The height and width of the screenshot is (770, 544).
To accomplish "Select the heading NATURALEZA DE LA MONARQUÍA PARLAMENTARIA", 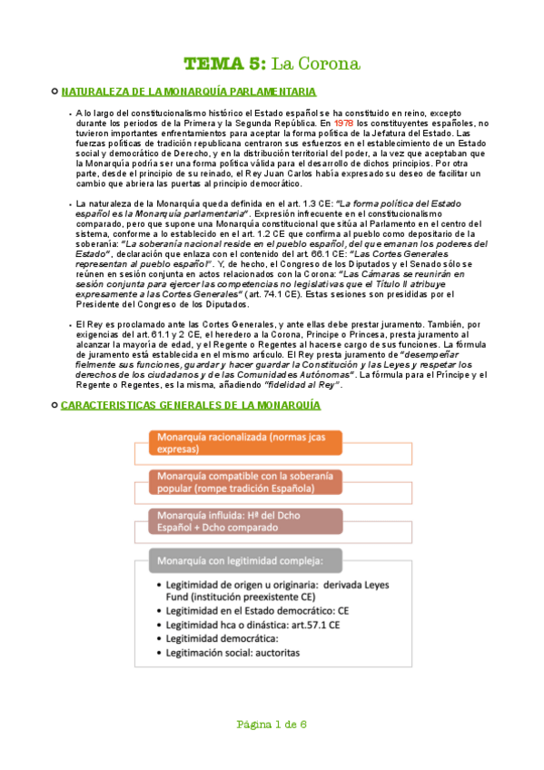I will click(188, 92).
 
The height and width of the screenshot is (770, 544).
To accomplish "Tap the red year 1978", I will click(344, 122).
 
